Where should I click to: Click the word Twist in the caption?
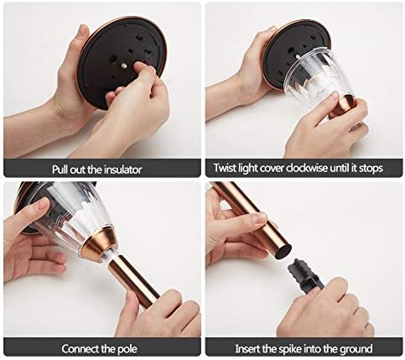(223, 168)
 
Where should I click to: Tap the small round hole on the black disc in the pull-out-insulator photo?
(113, 59)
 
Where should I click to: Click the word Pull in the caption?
(60, 170)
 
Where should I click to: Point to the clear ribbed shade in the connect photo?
(70, 212)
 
